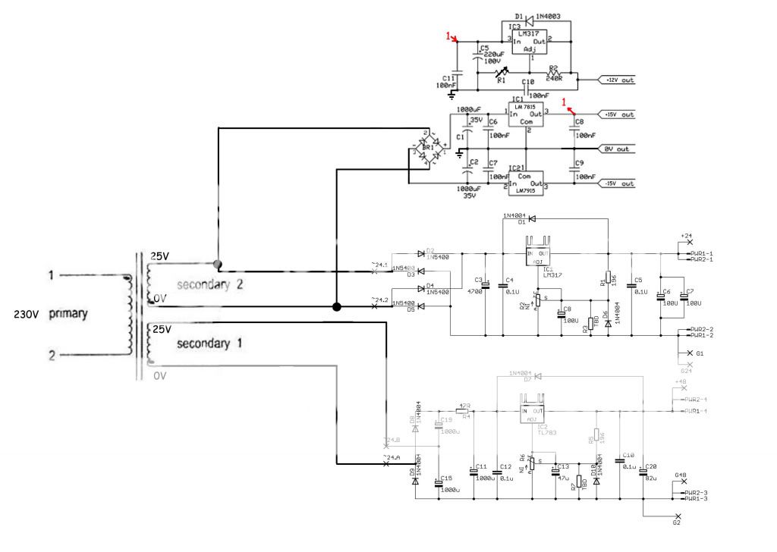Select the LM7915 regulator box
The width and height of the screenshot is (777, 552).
[527, 183]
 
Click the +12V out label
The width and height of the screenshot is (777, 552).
[618, 80]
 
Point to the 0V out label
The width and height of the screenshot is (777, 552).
[617, 149]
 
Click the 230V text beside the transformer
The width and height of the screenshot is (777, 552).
[27, 313]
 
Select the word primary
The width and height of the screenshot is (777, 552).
[69, 313]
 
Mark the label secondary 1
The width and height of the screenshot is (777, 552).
[209, 343]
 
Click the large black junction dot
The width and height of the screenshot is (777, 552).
[336, 306]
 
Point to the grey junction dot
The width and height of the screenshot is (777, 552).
[219, 265]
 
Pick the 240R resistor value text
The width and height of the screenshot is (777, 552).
[554, 77]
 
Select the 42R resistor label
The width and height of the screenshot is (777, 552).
[467, 406]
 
